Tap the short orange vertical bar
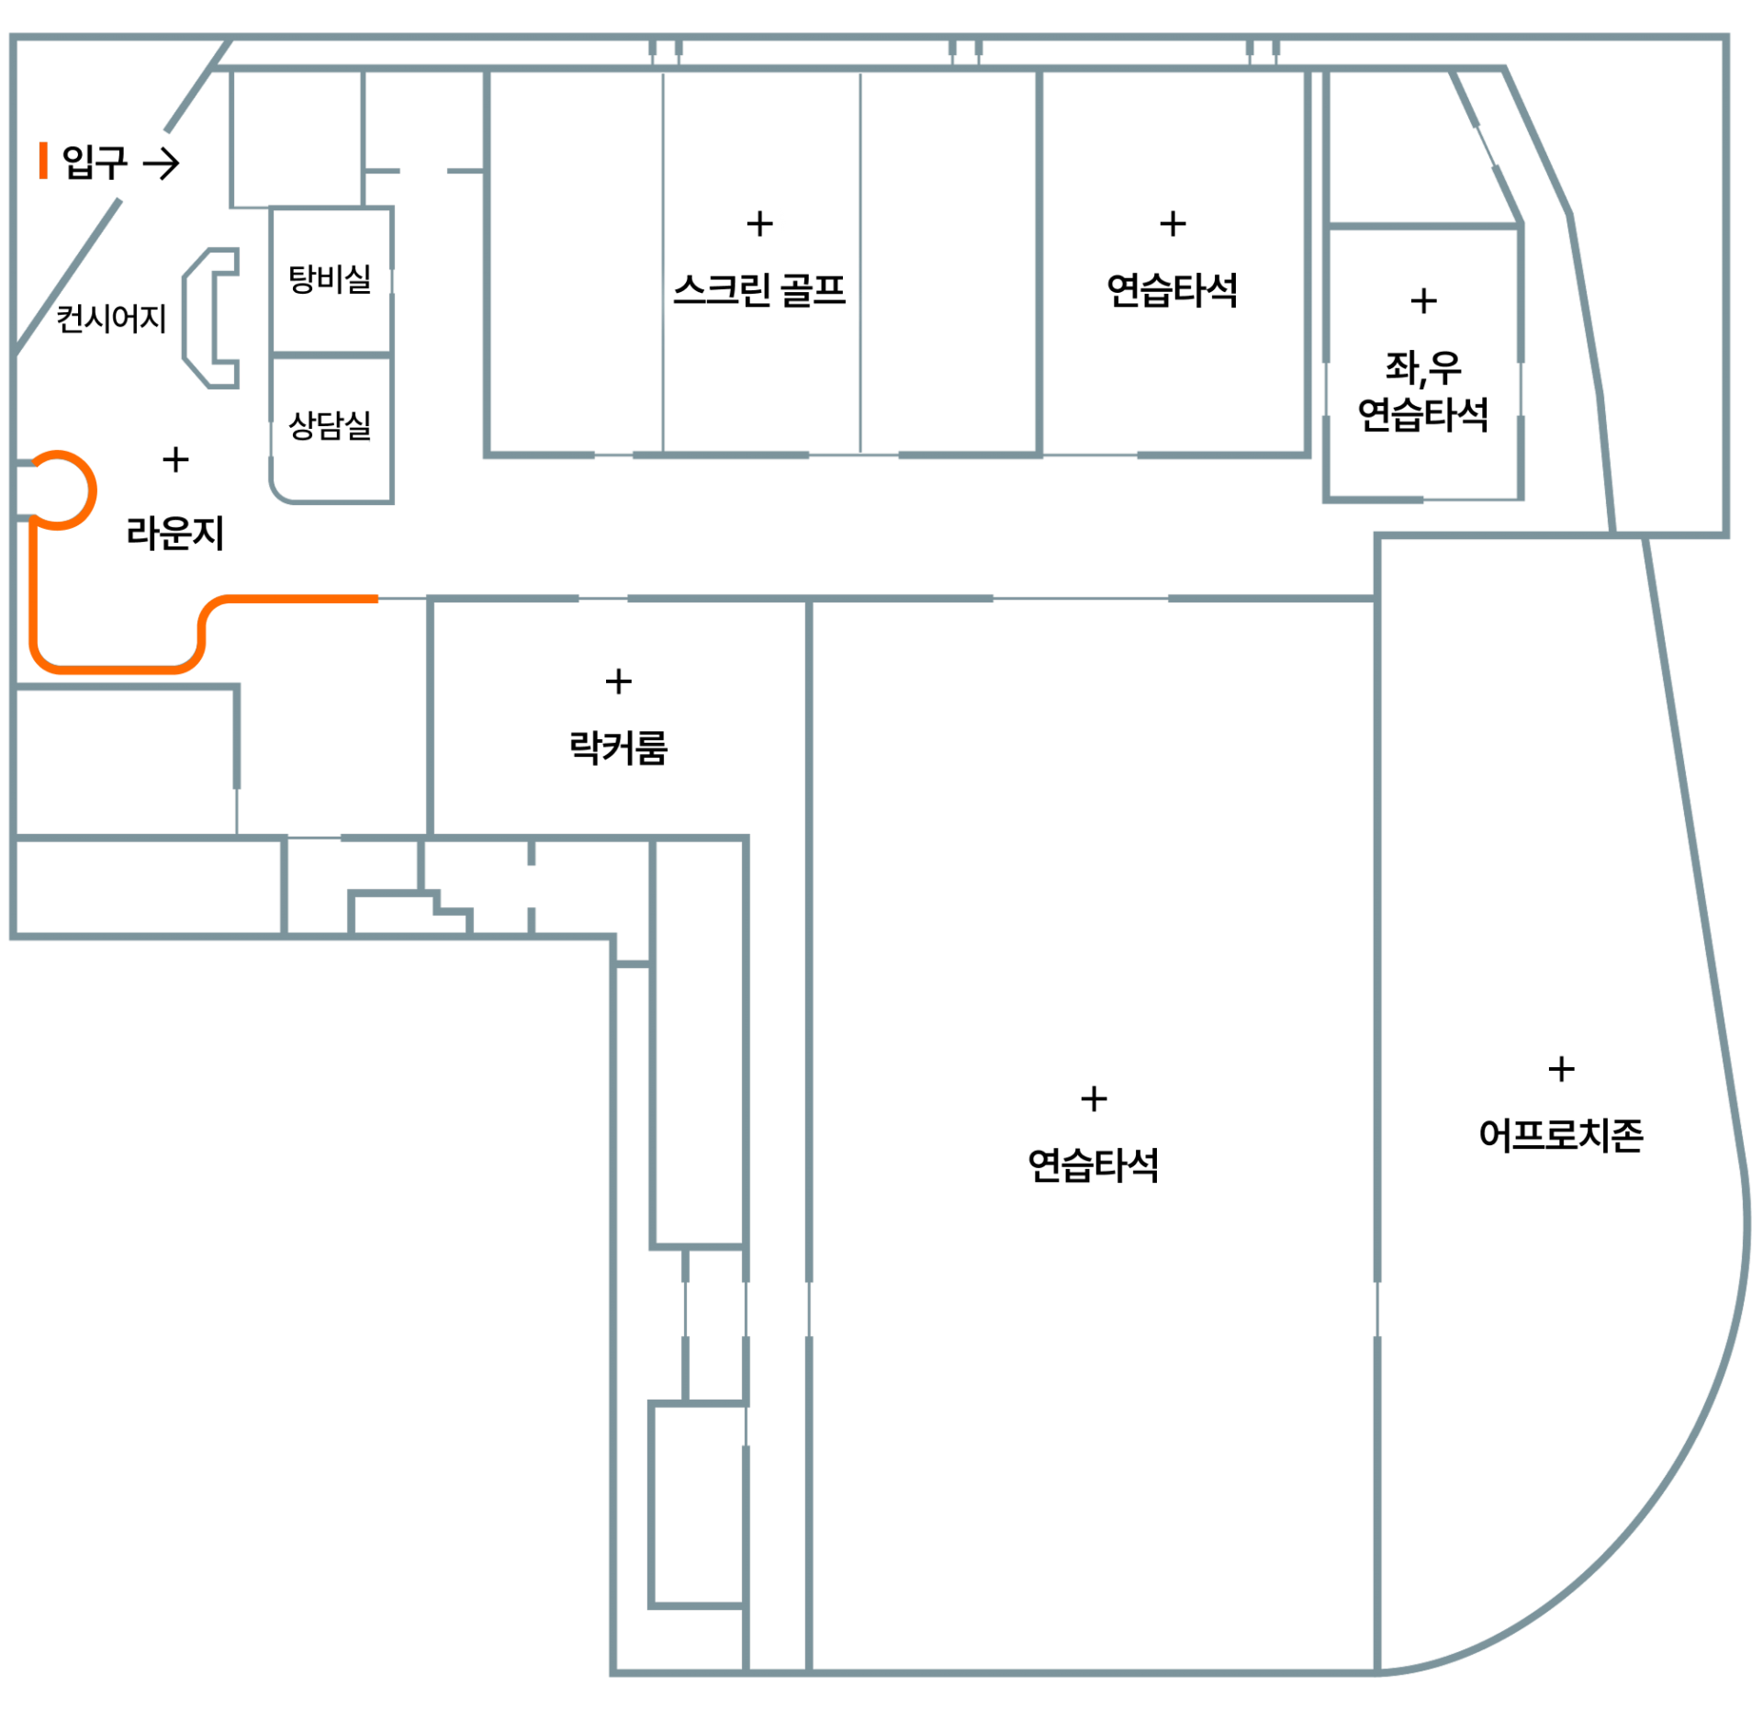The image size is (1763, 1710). coord(43,160)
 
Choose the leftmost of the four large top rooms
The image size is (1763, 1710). coord(574,262)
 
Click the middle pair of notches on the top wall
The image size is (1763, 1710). coord(965,51)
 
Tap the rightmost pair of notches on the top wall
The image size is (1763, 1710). coord(1263,51)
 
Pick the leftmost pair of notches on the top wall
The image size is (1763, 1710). coord(666,51)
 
